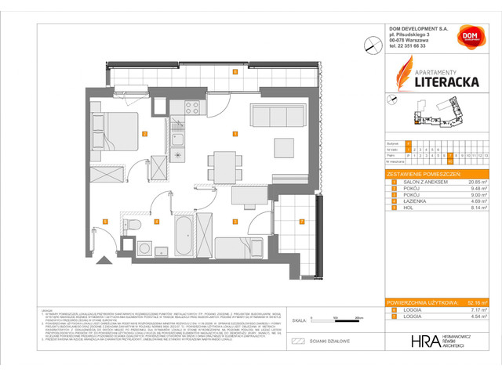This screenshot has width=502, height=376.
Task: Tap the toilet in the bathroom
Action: click(x=135, y=228)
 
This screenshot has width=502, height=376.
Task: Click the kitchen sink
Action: click(x=178, y=141)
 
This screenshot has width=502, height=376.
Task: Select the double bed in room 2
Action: click(x=115, y=129)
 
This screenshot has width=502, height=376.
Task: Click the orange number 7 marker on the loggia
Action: click(x=302, y=222)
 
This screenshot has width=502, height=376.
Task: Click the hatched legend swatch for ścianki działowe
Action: click(x=298, y=342)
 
